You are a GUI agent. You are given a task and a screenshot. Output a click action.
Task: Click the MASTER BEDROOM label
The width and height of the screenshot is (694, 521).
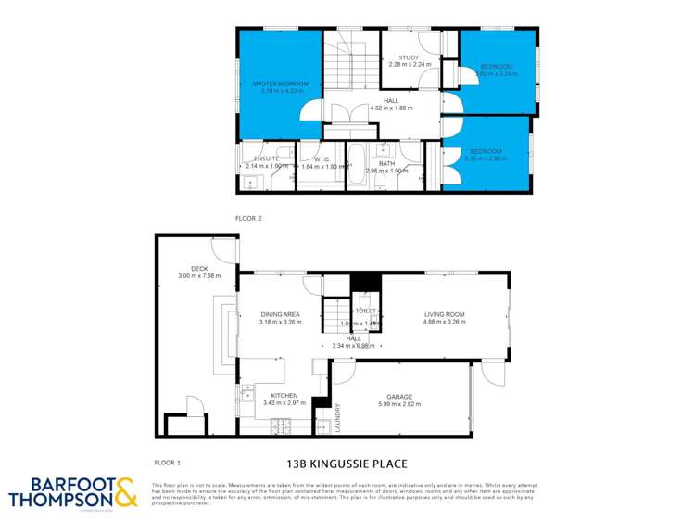click(281, 83)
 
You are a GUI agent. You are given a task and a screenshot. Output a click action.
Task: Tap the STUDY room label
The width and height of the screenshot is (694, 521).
click(410, 57)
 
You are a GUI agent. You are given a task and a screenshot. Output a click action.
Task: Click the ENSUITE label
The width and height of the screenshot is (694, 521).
click(267, 159)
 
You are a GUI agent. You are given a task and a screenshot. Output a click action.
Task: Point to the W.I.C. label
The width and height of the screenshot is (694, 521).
click(322, 159)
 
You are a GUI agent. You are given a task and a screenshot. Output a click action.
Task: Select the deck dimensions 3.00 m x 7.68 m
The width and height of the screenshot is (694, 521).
click(198, 275)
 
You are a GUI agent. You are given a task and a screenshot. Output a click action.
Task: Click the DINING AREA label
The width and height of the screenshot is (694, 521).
click(282, 315)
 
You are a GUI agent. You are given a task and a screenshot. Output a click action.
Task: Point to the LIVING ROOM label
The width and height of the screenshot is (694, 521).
click(443, 315)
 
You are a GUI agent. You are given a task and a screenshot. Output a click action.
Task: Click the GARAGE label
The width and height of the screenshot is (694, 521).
click(400, 397)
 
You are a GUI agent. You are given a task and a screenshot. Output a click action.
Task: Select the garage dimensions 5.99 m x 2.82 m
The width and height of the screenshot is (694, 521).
click(400, 404)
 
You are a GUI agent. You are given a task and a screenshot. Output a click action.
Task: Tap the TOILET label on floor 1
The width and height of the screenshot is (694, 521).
click(354, 311)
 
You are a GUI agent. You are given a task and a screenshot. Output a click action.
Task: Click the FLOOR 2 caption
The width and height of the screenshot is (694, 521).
click(249, 218)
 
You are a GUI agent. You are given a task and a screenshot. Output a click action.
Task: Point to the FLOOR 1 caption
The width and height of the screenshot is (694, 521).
click(166, 461)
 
